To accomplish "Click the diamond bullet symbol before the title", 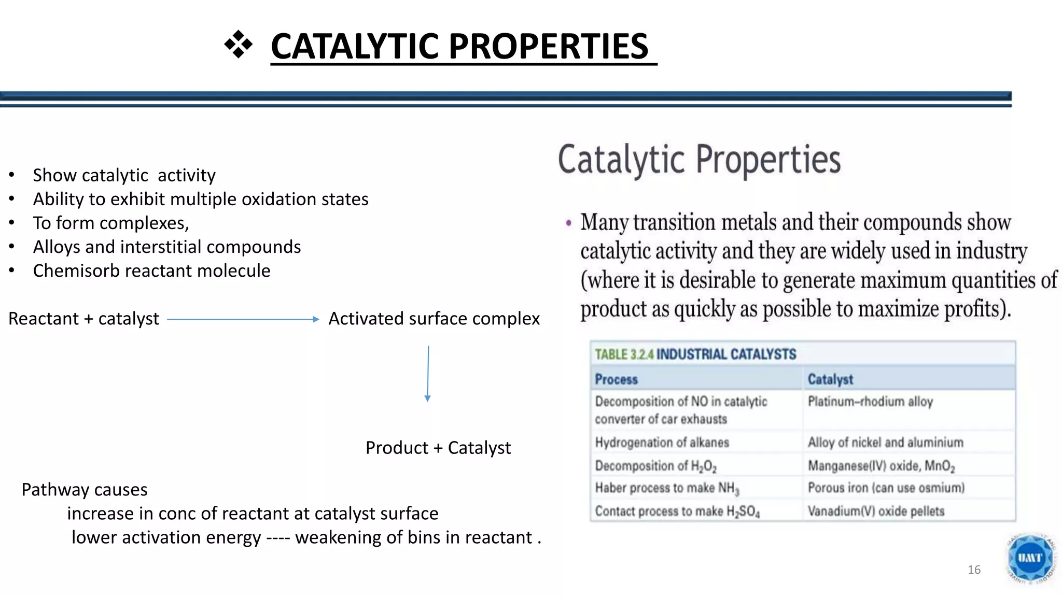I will (x=238, y=45).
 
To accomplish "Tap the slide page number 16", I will (x=974, y=570).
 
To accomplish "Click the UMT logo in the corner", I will (x=1030, y=559).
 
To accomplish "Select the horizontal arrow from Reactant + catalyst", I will (x=243, y=319).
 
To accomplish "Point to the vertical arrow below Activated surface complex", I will (x=428, y=374).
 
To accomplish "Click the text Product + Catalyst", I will (x=438, y=448).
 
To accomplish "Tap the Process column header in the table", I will (x=616, y=379).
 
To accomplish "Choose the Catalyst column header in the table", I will (x=830, y=379).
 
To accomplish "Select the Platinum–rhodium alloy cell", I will (x=870, y=402).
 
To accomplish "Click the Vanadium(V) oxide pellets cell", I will (x=876, y=511).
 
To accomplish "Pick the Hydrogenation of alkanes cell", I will (x=662, y=443).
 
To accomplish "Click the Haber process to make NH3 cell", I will (x=667, y=488).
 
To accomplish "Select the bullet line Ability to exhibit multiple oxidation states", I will (x=200, y=200).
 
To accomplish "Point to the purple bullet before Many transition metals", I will (x=569, y=223).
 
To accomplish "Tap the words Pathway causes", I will (x=84, y=490).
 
